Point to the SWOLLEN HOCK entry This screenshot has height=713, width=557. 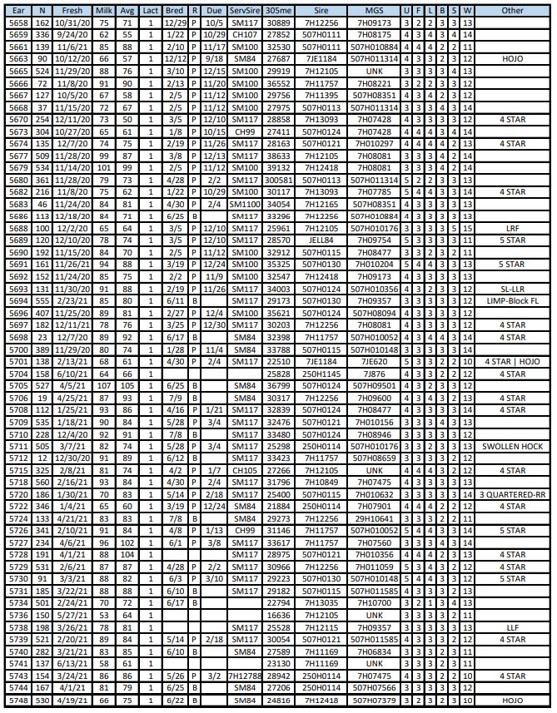point(513,446)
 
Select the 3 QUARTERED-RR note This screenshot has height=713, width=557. point(513,494)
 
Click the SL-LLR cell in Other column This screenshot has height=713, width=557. point(513,289)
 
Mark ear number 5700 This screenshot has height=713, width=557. point(17,349)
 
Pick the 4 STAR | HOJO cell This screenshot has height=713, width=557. point(513,361)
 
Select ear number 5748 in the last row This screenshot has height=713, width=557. point(17,701)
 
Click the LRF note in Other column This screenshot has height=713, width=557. point(513,228)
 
